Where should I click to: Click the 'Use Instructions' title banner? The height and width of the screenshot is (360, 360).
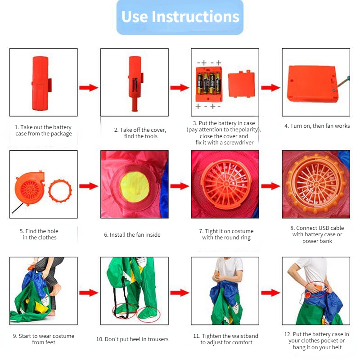point(180,17)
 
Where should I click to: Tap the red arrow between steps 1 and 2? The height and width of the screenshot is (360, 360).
point(89,88)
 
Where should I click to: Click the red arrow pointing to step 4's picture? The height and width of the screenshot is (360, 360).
point(271,88)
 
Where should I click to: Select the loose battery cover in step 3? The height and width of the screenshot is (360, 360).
point(241,84)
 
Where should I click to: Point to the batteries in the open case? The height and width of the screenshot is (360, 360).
point(209,83)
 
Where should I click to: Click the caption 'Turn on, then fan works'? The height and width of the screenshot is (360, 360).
point(317,126)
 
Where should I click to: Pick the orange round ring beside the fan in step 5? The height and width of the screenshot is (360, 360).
point(60,191)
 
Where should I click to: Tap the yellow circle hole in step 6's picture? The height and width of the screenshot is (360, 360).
point(135,187)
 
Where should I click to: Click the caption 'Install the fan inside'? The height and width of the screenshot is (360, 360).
point(132,234)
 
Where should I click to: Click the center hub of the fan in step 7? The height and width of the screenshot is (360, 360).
point(226,184)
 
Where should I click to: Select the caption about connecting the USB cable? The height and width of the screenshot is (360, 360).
point(317,234)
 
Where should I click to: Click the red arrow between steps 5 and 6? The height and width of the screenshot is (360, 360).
point(89,186)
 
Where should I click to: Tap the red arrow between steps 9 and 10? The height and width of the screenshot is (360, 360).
point(89,293)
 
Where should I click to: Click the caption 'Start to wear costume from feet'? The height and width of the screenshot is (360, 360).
point(44,339)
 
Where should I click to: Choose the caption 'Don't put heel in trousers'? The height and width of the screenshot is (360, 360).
point(132,339)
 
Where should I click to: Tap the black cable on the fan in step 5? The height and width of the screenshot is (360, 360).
point(18,208)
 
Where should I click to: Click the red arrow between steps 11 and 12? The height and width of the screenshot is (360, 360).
point(271,293)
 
